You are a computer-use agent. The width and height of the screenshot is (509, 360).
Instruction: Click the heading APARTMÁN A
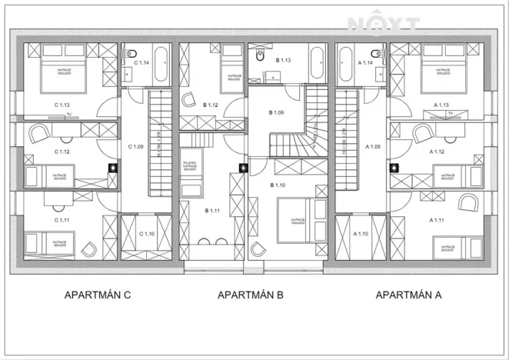pyautogui.click(x=408, y=295)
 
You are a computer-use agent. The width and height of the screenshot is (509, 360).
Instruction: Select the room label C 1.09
pyautogui.click(x=135, y=146)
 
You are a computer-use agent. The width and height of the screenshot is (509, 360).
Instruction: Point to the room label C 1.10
pyautogui.click(x=147, y=234)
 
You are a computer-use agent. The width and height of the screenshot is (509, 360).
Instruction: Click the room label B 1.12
pyautogui.click(x=211, y=105)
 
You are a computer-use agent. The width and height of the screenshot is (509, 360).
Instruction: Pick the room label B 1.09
pyautogui.click(x=276, y=113)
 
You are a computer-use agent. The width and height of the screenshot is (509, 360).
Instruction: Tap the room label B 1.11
pyautogui.click(x=212, y=209)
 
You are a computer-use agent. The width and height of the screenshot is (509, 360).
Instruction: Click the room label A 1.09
pyautogui.click(x=374, y=146)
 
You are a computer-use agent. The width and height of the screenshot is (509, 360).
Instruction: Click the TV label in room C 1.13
pyautogui.click(x=68, y=115)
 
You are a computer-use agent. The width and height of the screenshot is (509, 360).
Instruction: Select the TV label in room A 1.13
pyautogui.click(x=450, y=115)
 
